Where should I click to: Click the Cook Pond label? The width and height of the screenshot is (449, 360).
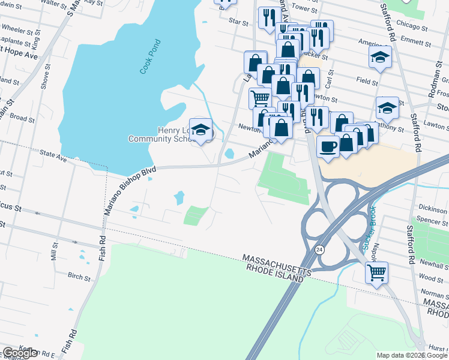click(151, 56)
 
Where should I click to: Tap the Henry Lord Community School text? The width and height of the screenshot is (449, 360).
click(161, 134)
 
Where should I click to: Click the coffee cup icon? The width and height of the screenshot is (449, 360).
click(328, 146)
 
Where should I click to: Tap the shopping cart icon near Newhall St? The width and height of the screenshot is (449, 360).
click(376, 272)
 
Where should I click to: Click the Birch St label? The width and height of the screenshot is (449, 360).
click(79, 278)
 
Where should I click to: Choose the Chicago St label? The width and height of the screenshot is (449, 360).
click(412, 27)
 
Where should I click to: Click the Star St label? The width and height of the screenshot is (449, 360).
click(238, 22)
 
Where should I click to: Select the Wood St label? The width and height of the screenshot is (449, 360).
click(430, 278)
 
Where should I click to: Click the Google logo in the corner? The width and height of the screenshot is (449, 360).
click(20, 353)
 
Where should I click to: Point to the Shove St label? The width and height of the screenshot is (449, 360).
click(44, 77)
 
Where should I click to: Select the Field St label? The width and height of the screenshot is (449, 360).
click(367, 80)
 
